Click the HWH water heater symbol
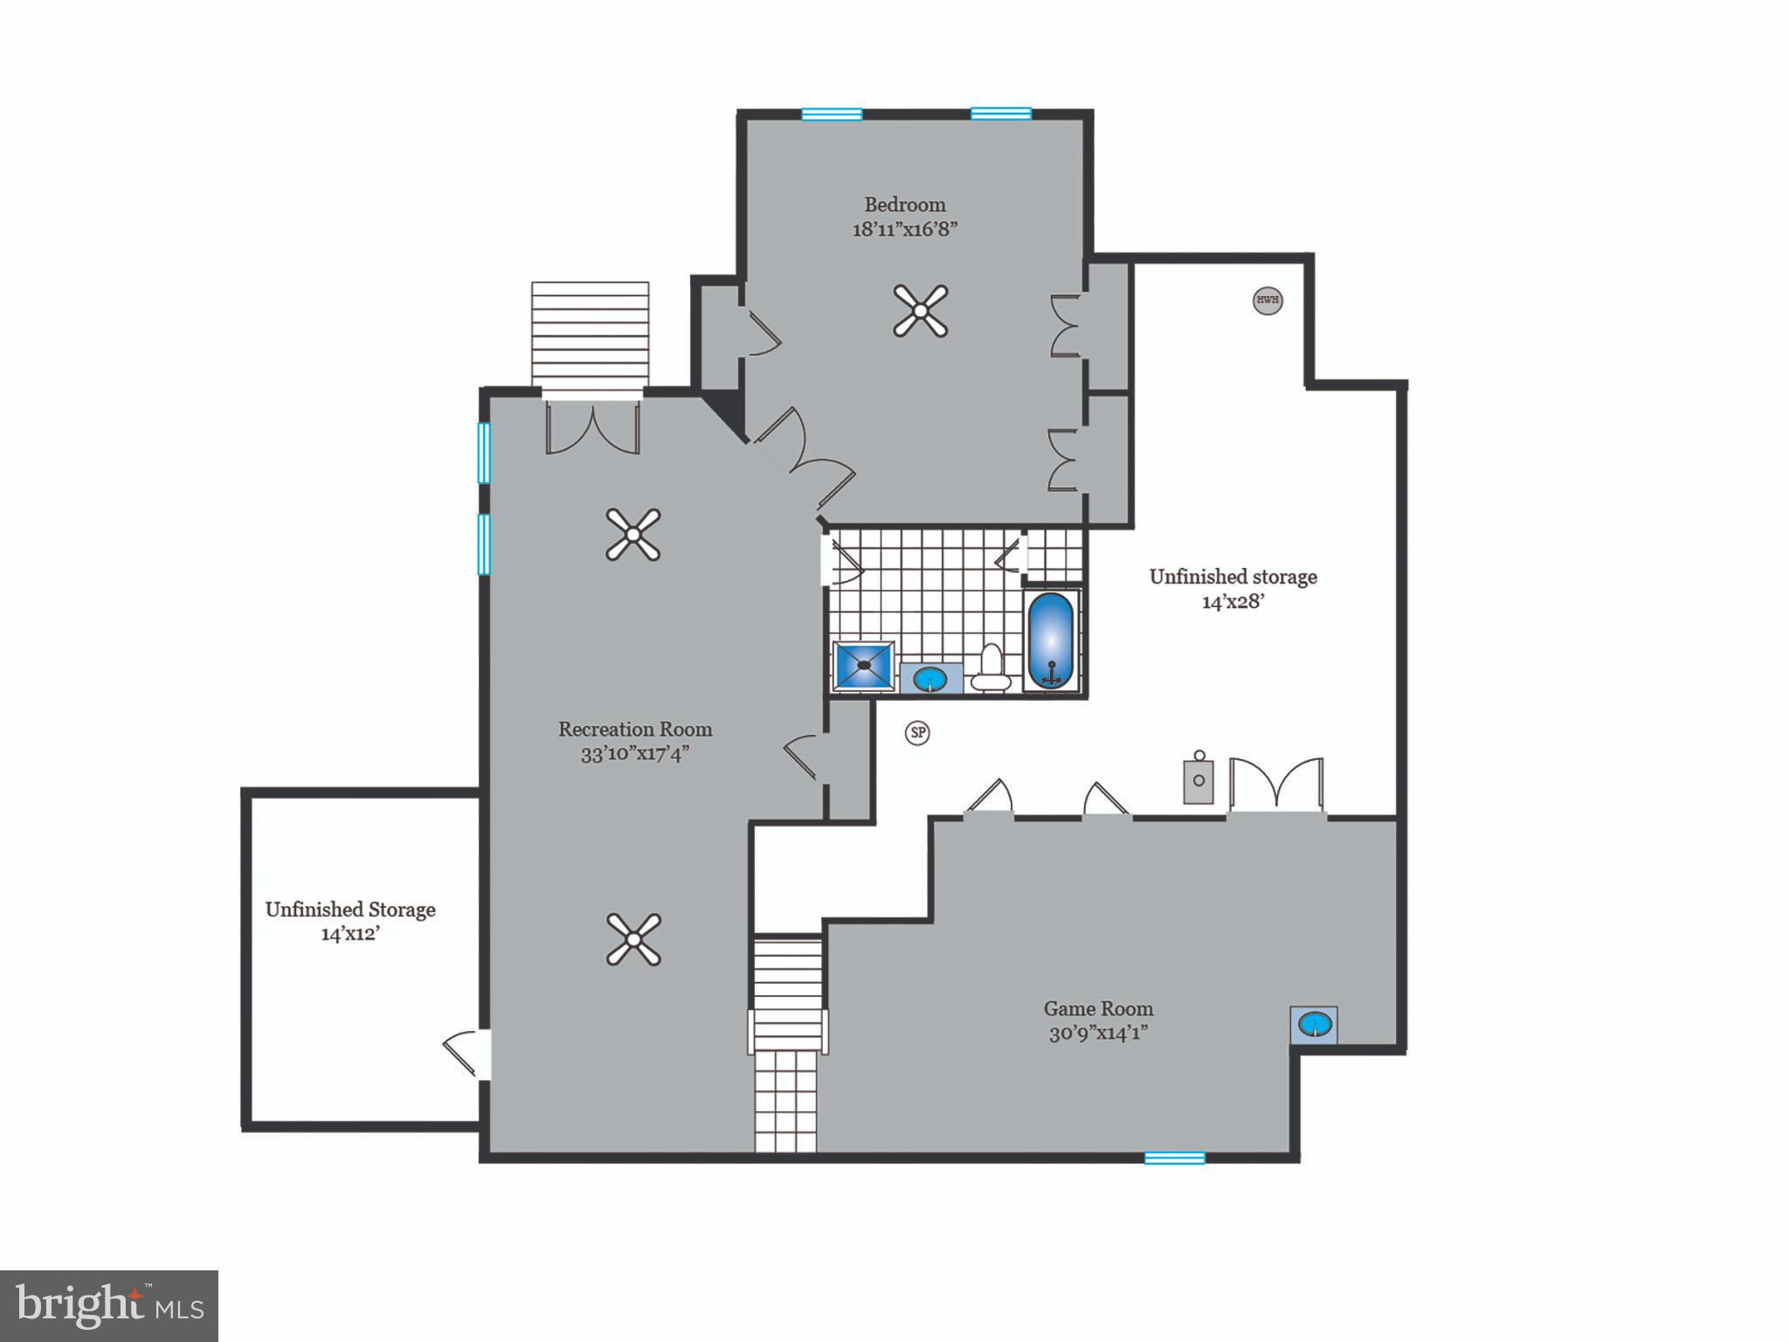coord(1267,301)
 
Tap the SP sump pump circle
coord(917,732)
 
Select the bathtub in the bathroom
coord(1051,640)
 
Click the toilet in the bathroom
coord(991,668)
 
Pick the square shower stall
coord(864,667)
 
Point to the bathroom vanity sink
coord(931,678)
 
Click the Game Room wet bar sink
coord(1314,1023)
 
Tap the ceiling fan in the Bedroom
coord(921,311)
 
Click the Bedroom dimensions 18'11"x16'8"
coord(905,230)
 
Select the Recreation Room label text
coord(635,729)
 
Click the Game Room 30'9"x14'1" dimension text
coord(1098,1034)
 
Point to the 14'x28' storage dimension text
coord(1233,601)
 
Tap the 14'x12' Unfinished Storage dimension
coord(350,934)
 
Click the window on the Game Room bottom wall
coord(1174,1158)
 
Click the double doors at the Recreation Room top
coord(592,428)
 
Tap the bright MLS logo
coord(109,1305)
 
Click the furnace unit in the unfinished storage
coord(1198,779)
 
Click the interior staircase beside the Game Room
coord(787,1040)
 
